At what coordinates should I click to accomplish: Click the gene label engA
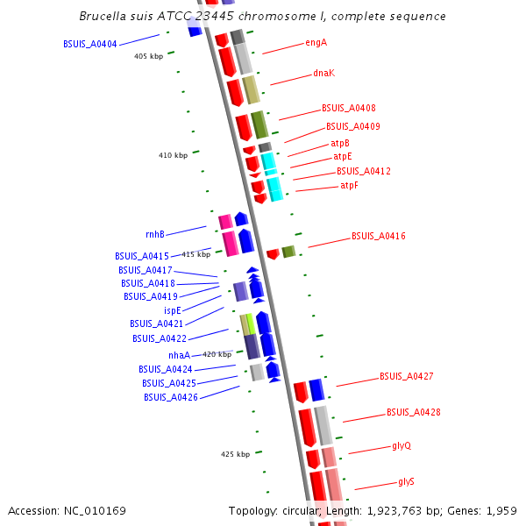(x=316, y=42)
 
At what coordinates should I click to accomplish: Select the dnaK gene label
(x=323, y=74)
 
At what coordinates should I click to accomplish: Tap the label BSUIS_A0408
(x=349, y=109)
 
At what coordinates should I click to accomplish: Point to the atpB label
(x=339, y=143)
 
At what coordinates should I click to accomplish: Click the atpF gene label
(x=349, y=186)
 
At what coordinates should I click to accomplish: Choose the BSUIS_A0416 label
(x=379, y=237)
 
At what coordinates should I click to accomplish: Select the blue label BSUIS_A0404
(x=90, y=44)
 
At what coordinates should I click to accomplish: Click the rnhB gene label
(x=155, y=235)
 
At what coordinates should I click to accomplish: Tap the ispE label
(x=172, y=310)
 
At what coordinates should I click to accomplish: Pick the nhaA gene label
(x=179, y=356)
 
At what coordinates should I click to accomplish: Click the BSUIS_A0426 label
(x=171, y=398)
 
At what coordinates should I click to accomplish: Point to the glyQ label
(x=402, y=446)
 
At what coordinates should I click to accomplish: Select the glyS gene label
(x=406, y=482)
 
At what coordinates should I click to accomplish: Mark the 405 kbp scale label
(x=148, y=57)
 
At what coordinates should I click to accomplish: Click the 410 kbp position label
(x=173, y=156)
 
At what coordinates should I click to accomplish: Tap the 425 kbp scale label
(x=235, y=454)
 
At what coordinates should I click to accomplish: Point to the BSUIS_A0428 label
(x=414, y=412)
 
